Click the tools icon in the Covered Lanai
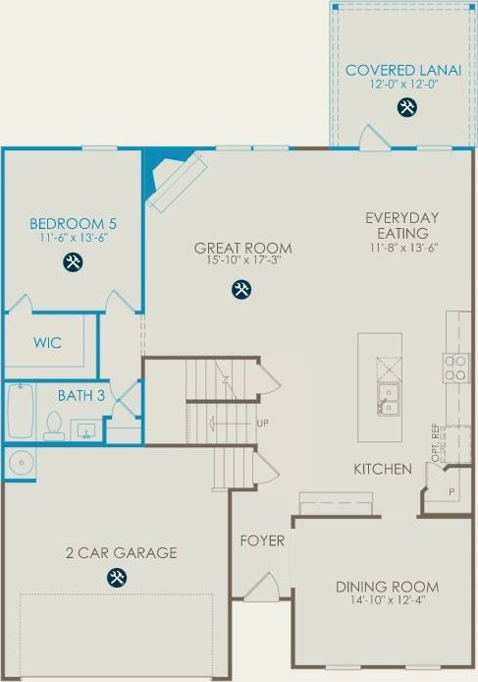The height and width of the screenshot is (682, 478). click(x=406, y=107)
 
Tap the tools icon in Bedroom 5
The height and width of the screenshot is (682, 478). click(x=73, y=262)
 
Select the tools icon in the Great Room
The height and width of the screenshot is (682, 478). click(x=241, y=290)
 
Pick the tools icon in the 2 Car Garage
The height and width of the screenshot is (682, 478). click(x=117, y=577)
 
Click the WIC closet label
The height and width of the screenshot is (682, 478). click(x=47, y=343)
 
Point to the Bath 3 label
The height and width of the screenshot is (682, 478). click(x=81, y=395)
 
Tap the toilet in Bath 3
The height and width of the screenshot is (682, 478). click(x=54, y=426)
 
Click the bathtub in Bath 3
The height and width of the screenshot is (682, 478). click(x=21, y=411)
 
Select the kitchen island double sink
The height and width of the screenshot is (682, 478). click(x=388, y=400)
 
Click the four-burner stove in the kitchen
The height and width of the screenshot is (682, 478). click(x=455, y=368)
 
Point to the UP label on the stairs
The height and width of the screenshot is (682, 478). click(x=262, y=423)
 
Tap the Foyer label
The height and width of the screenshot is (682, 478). click(x=262, y=540)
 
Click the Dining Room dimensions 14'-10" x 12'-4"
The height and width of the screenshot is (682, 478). click(x=387, y=600)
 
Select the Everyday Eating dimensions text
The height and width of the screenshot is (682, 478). click(x=403, y=248)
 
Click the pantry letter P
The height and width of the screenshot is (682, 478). click(x=451, y=492)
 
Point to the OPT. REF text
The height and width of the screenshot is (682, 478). click(x=436, y=443)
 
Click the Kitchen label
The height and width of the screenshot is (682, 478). click(x=383, y=469)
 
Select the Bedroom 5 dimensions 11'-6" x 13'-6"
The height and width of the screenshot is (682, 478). click(x=74, y=238)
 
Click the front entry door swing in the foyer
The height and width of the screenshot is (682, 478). click(x=262, y=587)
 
